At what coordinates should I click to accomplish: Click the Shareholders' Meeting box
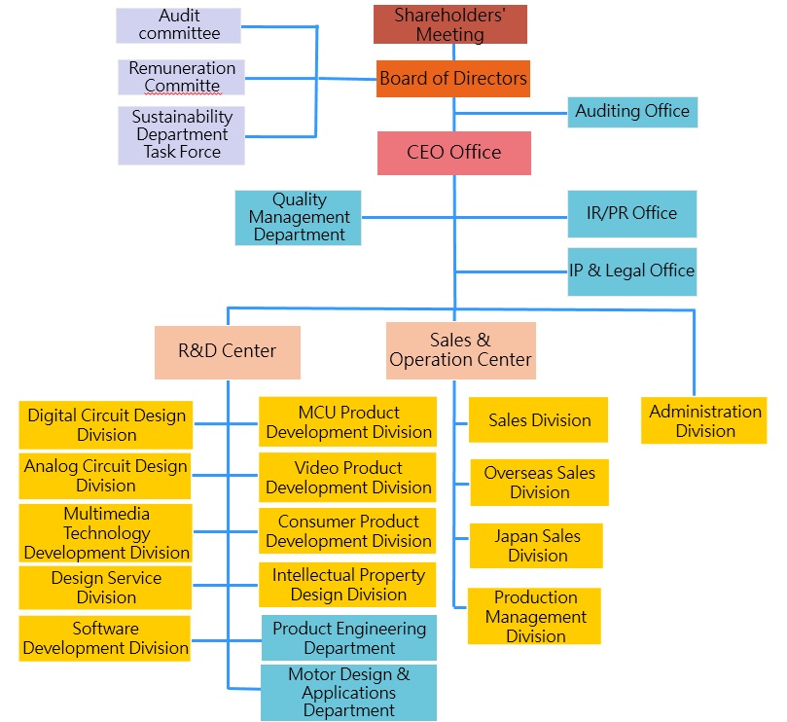[449, 24]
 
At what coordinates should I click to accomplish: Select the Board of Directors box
[453, 79]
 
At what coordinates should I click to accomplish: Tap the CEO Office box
[453, 153]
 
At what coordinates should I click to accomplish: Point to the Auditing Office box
[632, 112]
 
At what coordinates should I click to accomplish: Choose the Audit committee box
[179, 25]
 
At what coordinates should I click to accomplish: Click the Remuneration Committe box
[182, 77]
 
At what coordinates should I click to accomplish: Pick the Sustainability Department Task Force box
[182, 134]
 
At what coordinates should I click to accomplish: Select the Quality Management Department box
[299, 217]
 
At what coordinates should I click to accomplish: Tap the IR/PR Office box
[632, 213]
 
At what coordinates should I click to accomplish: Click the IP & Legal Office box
[632, 270]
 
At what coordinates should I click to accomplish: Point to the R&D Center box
[228, 351]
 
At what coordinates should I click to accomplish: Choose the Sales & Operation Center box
[460, 350]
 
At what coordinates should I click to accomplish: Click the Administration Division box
[704, 421]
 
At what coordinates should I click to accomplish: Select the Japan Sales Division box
[536, 546]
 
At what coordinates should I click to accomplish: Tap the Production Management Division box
[534, 616]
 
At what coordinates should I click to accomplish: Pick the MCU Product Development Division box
[348, 422]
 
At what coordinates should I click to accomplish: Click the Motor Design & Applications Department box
[348, 692]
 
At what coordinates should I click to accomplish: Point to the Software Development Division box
[105, 638]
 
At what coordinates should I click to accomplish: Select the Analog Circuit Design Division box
[105, 476]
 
